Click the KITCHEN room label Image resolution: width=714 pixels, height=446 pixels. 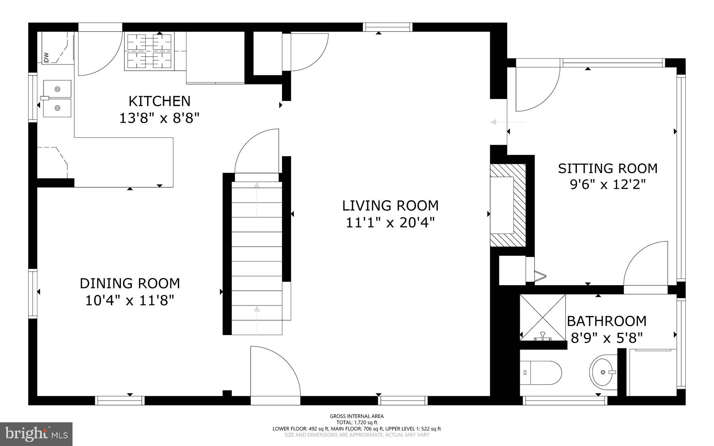[x=159, y=101]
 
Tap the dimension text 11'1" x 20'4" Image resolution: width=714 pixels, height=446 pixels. [x=390, y=222]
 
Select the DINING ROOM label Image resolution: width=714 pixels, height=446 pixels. [x=130, y=284]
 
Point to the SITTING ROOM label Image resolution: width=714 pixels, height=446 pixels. [x=607, y=168]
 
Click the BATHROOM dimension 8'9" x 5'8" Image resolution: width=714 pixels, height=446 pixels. [x=607, y=338]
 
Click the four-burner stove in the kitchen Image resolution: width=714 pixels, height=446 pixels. [x=149, y=51]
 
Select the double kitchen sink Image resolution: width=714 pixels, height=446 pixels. [x=57, y=99]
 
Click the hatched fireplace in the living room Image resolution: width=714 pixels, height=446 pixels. [x=507, y=205]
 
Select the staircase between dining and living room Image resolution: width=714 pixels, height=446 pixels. [x=257, y=258]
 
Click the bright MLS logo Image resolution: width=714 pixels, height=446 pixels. [x=36, y=434]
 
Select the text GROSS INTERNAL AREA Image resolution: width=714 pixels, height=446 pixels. [x=357, y=416]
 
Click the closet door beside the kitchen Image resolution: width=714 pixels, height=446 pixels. [x=307, y=52]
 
